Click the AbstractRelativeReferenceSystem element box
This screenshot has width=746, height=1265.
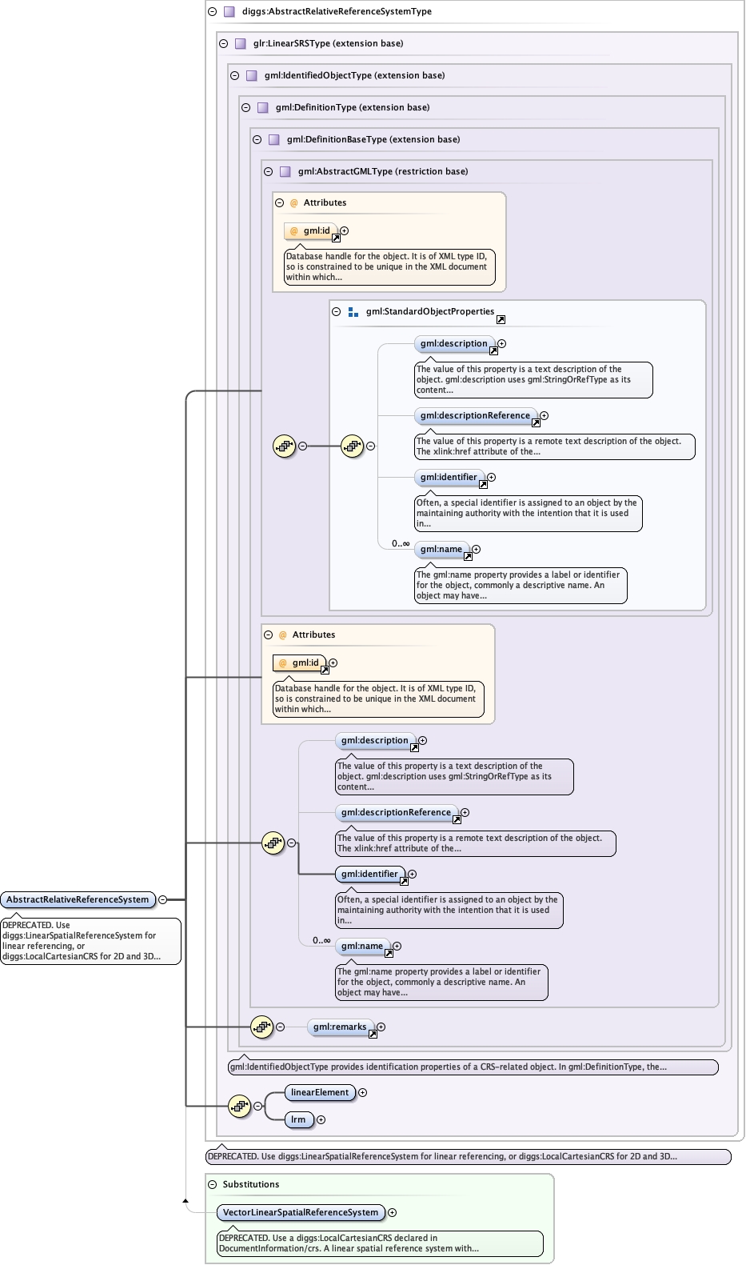pyautogui.click(x=78, y=899)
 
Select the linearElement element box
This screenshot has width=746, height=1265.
pyautogui.click(x=320, y=1093)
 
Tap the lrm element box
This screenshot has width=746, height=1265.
pyautogui.click(x=298, y=1120)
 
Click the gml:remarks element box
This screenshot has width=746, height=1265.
pyautogui.click(x=341, y=1027)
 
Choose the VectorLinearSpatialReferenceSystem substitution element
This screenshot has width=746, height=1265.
pyautogui.click(x=301, y=1212)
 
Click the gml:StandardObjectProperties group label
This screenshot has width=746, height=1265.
pyautogui.click(x=430, y=312)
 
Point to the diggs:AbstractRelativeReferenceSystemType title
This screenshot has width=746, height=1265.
pyautogui.click(x=337, y=11)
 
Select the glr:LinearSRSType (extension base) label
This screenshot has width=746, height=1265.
pyautogui.click(x=329, y=43)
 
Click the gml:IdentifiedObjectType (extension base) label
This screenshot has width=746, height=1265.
pyautogui.click(x=354, y=76)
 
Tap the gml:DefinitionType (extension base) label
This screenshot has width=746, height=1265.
pyautogui.click(x=353, y=108)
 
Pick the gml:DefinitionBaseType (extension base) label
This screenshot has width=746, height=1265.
pyautogui.click(x=373, y=139)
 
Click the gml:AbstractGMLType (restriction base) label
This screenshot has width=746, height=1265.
pyautogui.click(x=383, y=172)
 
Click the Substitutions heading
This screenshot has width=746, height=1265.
pyautogui.click(x=251, y=1184)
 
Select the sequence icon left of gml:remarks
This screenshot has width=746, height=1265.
pyautogui.click(x=261, y=1027)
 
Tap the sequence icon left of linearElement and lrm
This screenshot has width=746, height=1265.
pyautogui.click(x=239, y=1107)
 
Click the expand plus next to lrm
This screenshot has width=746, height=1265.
pyautogui.click(x=321, y=1120)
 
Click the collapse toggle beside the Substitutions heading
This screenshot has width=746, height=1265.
pyautogui.click(x=212, y=1185)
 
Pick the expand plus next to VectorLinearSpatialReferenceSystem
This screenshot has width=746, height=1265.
pyautogui.click(x=392, y=1212)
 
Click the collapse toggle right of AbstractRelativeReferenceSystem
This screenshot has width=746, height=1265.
pyautogui.click(x=162, y=899)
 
